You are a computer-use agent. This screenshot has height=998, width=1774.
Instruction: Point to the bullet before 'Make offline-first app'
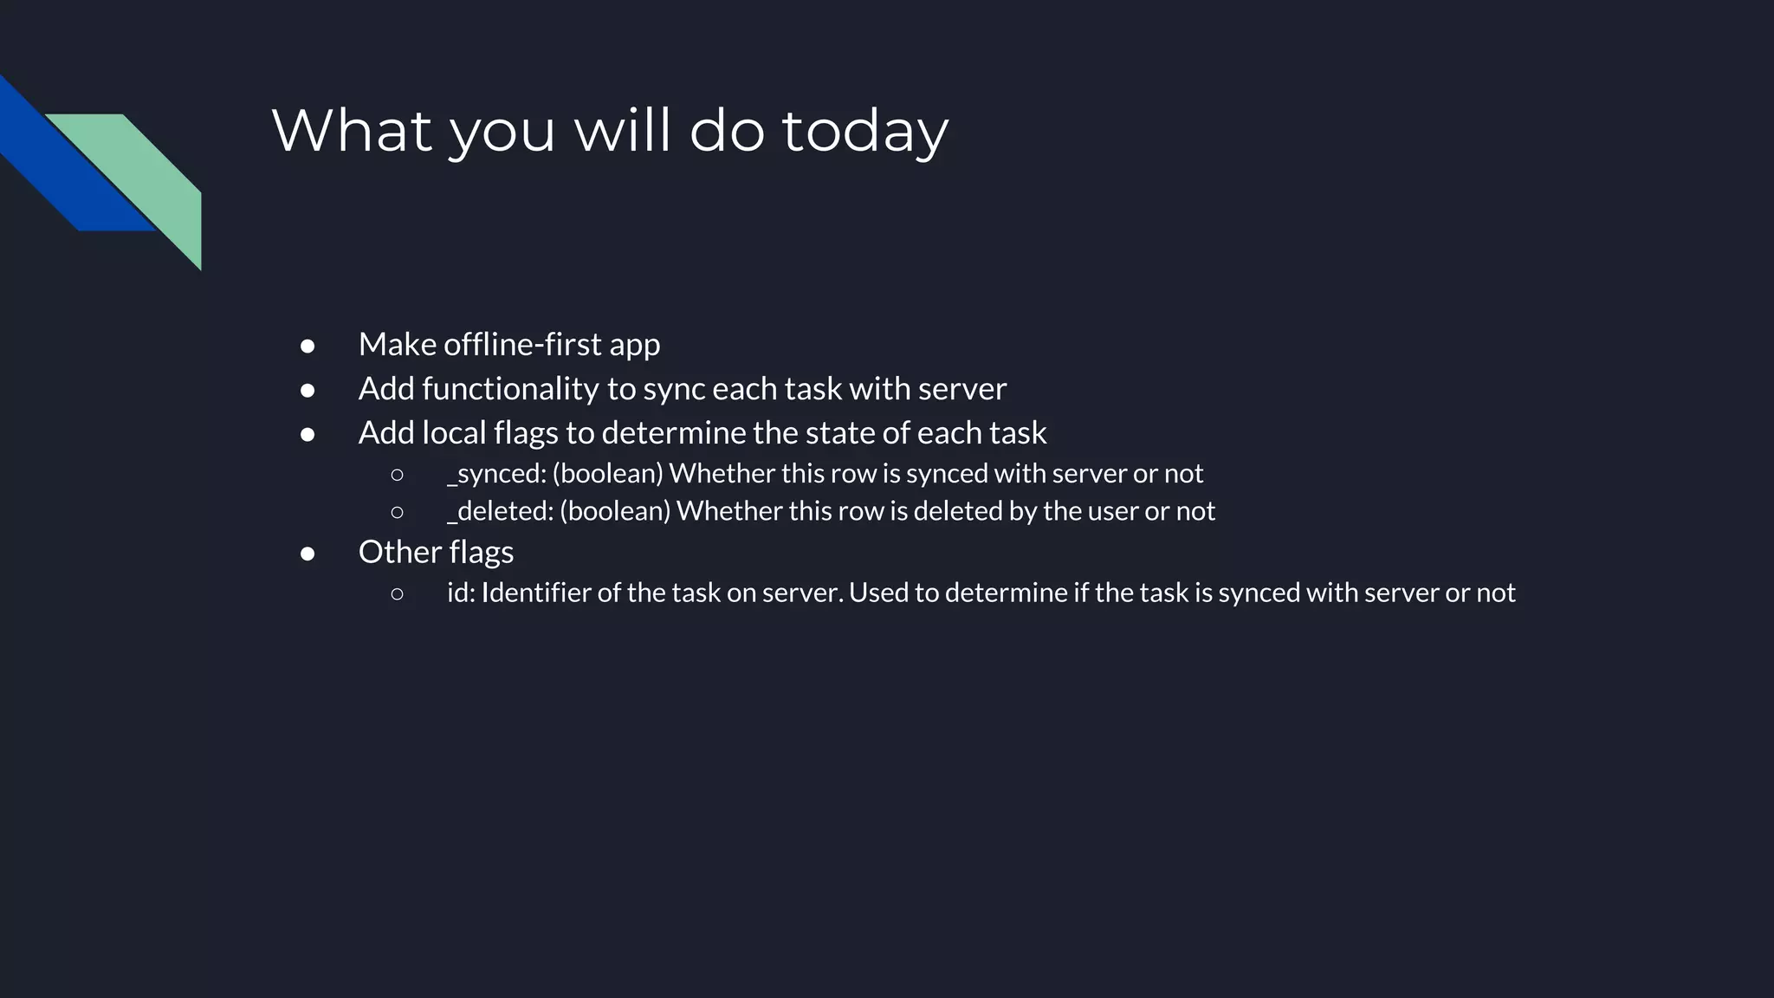click(308, 346)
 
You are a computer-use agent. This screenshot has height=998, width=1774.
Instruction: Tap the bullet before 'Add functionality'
click(308, 390)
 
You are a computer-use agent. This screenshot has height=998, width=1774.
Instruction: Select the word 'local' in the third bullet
click(454, 432)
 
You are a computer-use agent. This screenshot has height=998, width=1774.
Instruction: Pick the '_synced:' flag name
click(496, 474)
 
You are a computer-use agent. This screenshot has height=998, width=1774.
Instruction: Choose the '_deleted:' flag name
click(500, 511)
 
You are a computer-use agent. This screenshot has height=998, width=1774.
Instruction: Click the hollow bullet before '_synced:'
click(397, 474)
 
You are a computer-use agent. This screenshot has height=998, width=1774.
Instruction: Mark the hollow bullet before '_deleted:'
click(397, 512)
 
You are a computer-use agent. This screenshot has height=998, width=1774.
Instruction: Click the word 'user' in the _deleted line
click(1112, 511)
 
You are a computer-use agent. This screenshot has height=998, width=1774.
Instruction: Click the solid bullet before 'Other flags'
click(308, 553)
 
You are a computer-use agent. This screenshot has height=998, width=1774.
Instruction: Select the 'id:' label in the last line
click(461, 593)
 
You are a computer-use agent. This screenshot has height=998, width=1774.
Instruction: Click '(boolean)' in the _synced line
click(607, 474)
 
